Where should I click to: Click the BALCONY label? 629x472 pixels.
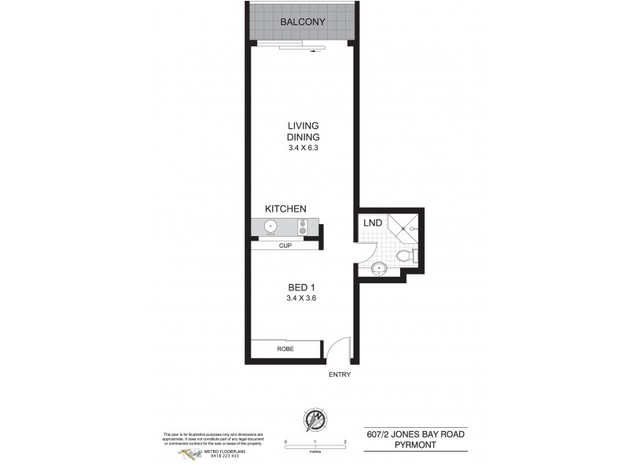(303, 22)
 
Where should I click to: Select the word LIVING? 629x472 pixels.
(303, 125)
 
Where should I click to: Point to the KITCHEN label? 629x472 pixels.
(285, 208)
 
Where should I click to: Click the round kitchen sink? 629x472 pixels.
(270, 227)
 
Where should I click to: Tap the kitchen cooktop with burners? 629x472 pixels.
(303, 227)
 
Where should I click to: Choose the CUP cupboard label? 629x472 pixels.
(285, 245)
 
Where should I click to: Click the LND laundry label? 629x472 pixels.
(373, 223)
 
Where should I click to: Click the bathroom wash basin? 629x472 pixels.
(379, 267)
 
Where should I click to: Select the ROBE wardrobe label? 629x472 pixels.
(285, 348)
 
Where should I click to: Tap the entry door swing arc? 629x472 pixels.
(336, 348)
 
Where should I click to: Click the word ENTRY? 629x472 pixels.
(340, 374)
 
